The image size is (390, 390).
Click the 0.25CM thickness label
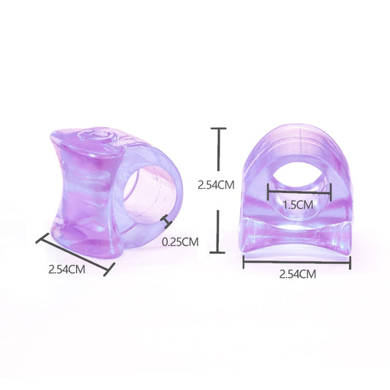(180, 241)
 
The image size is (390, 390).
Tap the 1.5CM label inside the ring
(299, 205)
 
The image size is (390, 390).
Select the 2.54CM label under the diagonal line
(67, 269)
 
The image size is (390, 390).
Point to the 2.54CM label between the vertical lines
(216, 185)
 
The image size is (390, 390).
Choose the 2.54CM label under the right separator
(298, 274)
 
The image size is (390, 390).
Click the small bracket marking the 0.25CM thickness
(166, 222)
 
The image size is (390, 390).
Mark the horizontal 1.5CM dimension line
(299, 192)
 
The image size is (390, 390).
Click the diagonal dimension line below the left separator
(75, 255)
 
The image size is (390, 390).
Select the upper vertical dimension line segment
(218, 149)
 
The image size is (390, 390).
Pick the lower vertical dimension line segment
(217, 231)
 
